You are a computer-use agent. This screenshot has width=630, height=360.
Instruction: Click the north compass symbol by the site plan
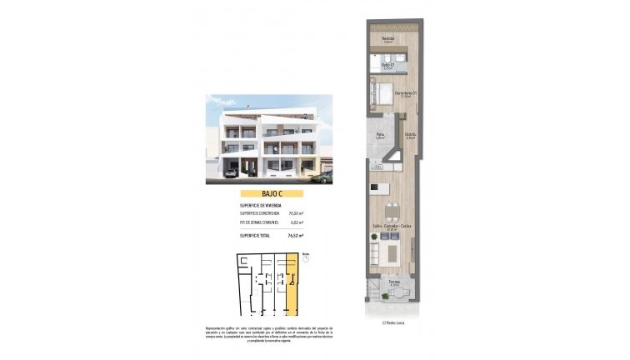[305, 258]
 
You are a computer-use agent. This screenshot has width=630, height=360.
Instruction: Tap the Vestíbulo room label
[388, 38]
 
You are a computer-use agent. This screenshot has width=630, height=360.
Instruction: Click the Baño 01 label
[387, 64]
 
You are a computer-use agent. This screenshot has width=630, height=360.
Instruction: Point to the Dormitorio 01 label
[405, 92]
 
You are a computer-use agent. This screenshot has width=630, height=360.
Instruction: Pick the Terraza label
[392, 282]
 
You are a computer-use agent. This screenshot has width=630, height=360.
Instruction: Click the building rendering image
[269, 138]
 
